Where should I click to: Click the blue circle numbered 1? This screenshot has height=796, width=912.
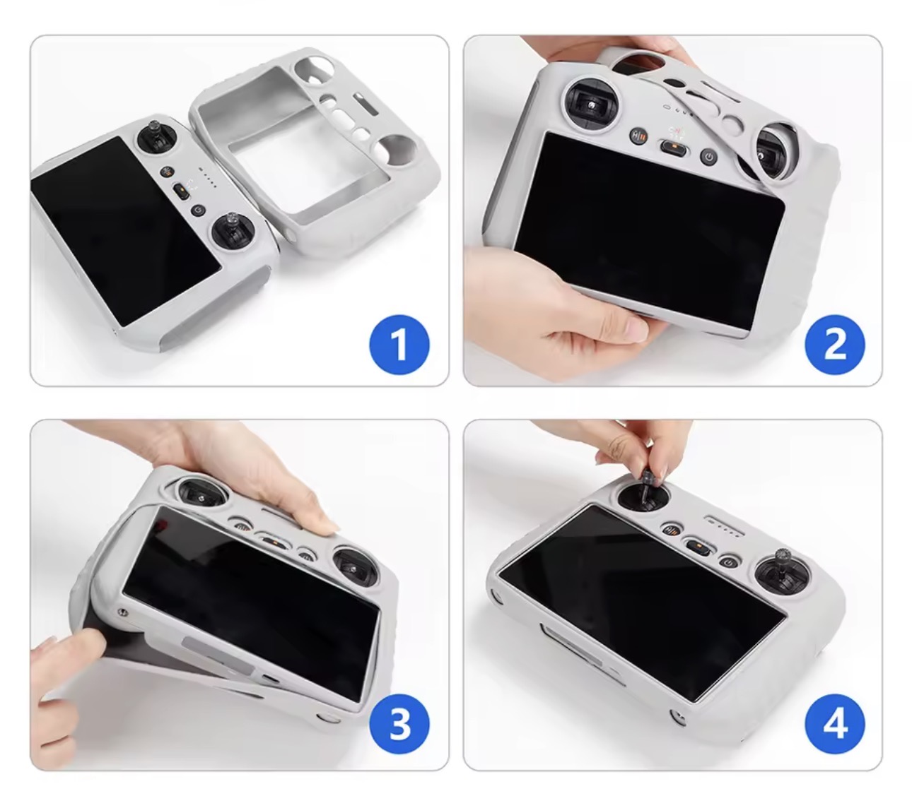(x=399, y=345)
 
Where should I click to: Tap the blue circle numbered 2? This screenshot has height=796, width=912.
(x=834, y=345)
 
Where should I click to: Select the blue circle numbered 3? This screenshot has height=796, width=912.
(x=399, y=724)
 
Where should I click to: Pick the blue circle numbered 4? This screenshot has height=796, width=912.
(x=834, y=724)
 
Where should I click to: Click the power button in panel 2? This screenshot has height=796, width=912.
(x=708, y=156)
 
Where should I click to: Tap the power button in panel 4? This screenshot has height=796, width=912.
(x=728, y=564)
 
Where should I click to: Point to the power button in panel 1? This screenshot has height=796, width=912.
(x=198, y=210)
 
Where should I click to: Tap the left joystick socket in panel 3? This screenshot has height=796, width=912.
(x=201, y=493)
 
